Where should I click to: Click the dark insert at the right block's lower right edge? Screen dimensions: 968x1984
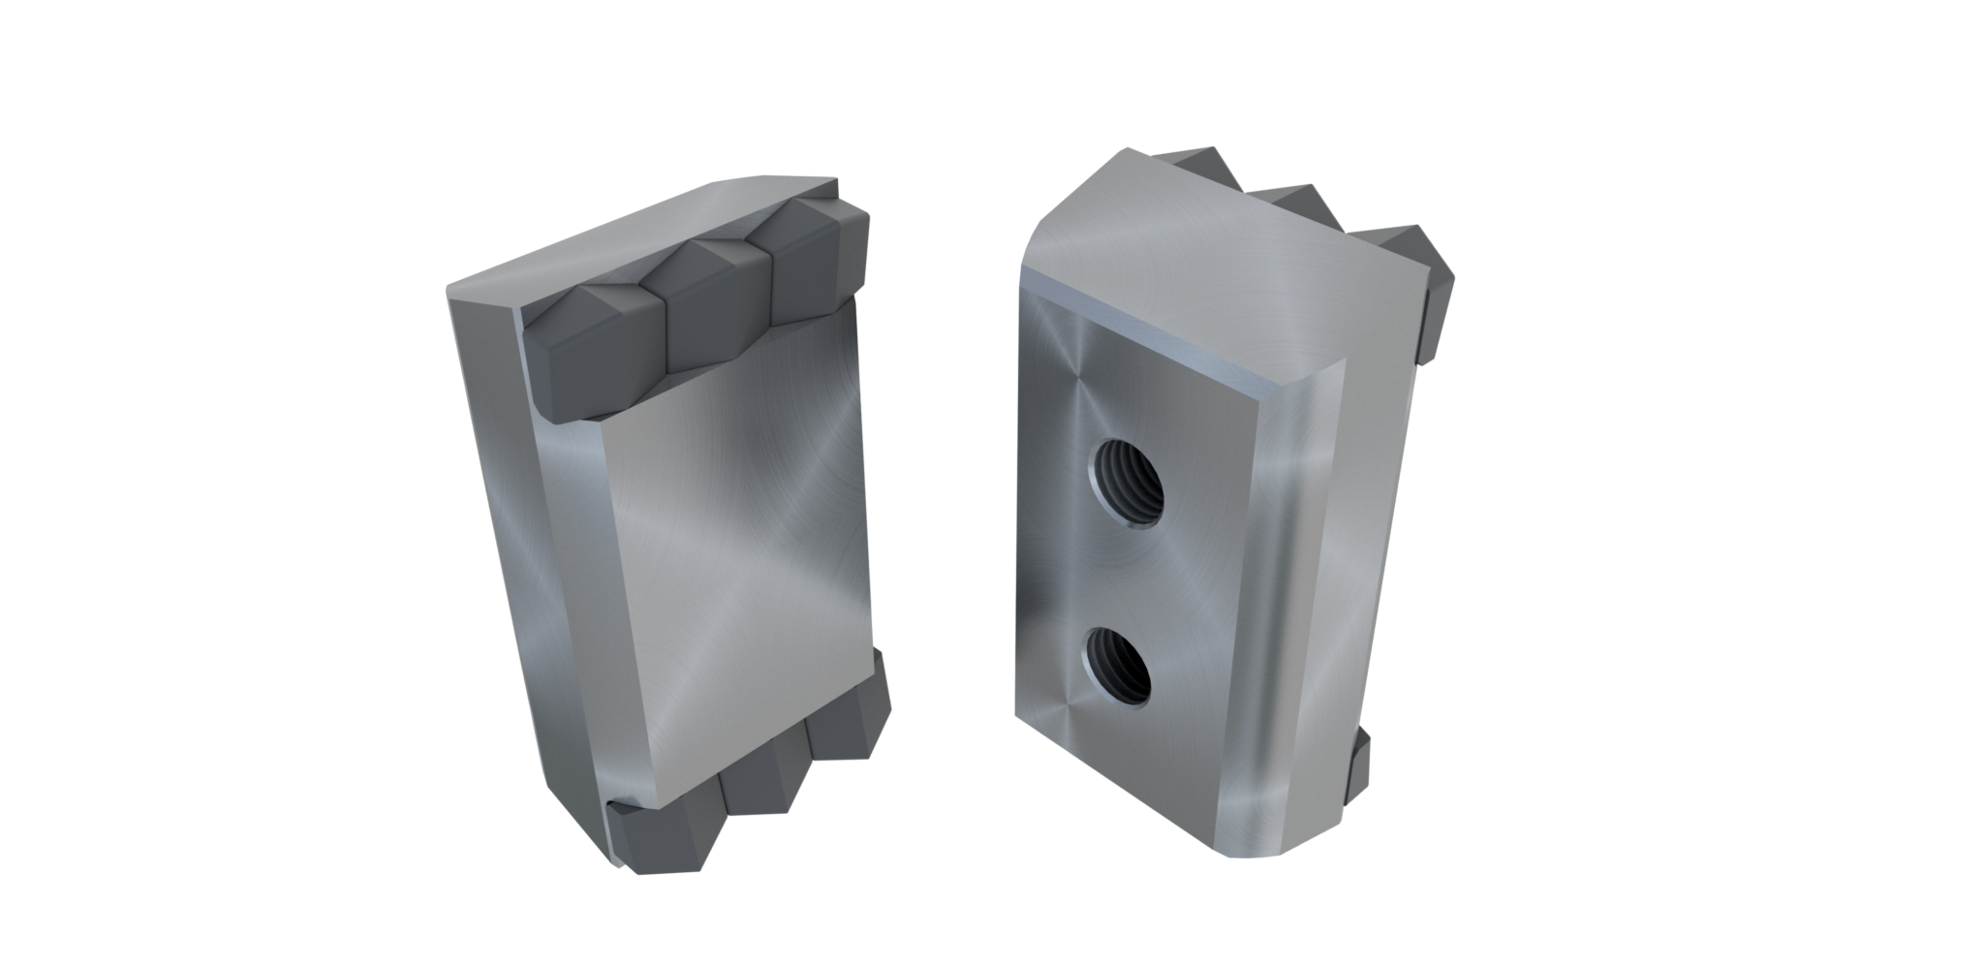point(1356,765)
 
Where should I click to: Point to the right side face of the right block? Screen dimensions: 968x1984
point(1376,543)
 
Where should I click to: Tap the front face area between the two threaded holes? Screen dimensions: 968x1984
point(1114,572)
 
